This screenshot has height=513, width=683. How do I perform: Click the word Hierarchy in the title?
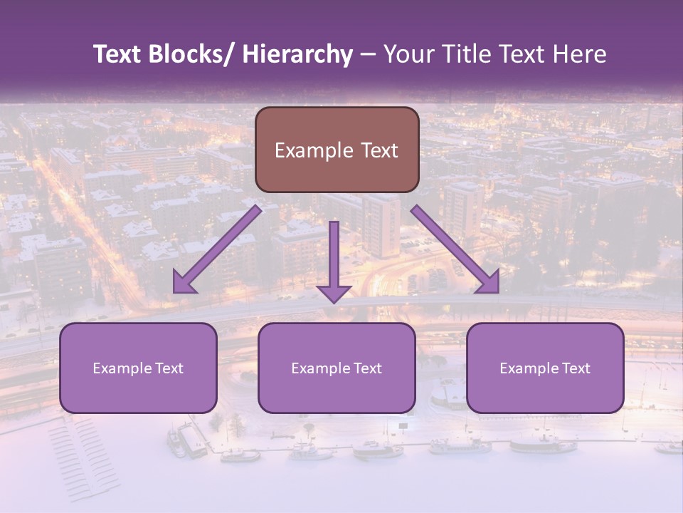click(297, 54)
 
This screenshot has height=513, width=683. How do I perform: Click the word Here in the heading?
click(582, 54)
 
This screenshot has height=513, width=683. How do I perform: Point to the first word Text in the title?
click(118, 54)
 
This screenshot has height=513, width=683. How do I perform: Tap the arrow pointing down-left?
click(217, 249)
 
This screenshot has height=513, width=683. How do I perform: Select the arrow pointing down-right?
click(455, 249)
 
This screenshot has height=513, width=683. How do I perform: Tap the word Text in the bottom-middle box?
click(367, 368)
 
